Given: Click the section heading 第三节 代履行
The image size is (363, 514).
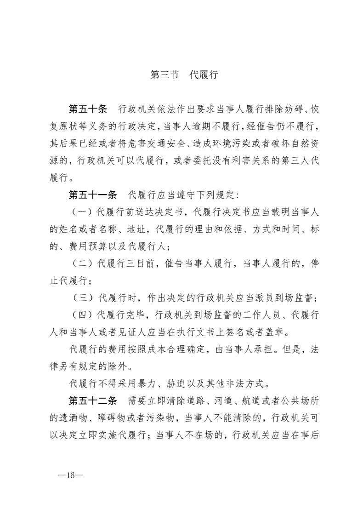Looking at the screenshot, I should (184, 75).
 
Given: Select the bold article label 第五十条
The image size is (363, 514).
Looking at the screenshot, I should (87, 109).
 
